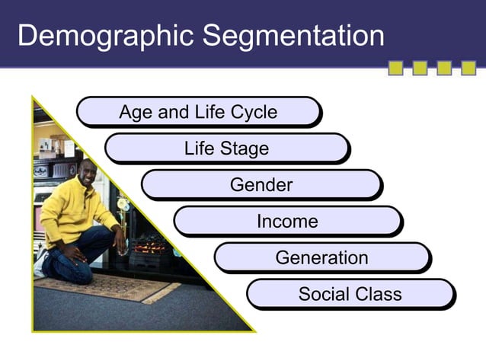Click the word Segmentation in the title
290,36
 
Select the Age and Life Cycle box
198,113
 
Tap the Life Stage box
226,148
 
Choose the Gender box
261,185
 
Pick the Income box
287,222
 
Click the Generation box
321,257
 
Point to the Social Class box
350,294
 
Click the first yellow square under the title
396,69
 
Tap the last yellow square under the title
468,69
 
